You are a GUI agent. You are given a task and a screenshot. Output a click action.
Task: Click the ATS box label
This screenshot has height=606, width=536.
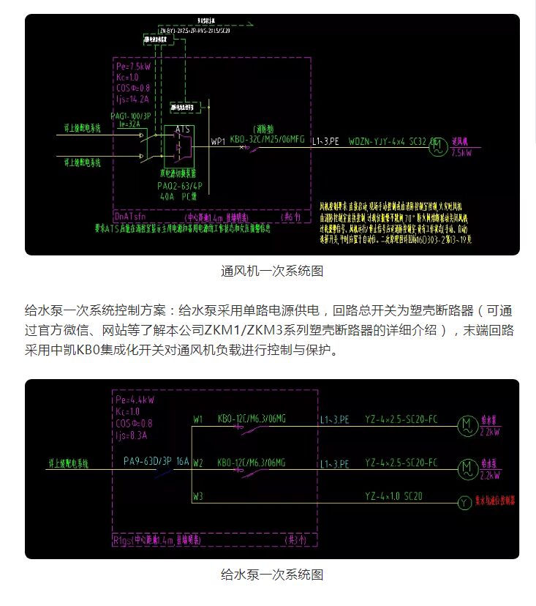183,130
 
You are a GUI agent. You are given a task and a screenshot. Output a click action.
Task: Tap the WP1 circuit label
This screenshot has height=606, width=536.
218,141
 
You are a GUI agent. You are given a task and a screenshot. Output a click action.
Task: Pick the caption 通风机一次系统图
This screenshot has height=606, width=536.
272,271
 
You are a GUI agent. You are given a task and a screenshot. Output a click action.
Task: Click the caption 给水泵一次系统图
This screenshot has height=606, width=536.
272,575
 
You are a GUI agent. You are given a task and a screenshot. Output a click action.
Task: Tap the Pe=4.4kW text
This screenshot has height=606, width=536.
135,401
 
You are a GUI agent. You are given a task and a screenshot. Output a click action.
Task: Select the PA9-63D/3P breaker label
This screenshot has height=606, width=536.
146,461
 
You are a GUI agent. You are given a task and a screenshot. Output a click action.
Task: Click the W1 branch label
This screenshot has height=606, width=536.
198,419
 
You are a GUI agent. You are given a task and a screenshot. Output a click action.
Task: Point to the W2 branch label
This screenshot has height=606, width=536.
198,463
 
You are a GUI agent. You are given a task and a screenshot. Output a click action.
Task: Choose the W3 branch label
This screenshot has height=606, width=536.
198,497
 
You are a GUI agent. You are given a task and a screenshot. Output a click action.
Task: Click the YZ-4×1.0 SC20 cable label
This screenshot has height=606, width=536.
393,497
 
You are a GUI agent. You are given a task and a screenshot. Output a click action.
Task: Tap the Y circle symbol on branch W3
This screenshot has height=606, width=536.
464,503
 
